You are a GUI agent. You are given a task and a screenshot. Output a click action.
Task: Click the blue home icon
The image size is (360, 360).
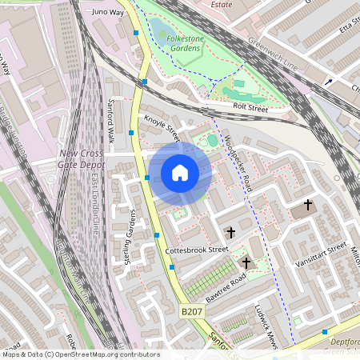point(180,173)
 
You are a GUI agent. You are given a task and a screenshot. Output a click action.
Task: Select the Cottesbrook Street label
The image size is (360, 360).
point(197,250)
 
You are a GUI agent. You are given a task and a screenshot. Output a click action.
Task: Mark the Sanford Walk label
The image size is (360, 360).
point(111,120)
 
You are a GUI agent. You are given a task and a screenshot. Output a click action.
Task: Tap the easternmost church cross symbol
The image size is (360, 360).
point(308,206)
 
